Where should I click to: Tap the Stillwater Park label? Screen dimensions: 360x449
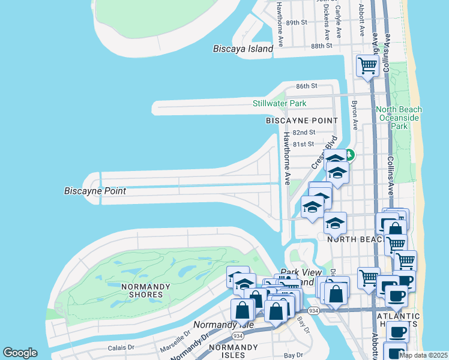[x=279, y=104]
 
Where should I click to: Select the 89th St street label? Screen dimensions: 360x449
[x=297, y=22]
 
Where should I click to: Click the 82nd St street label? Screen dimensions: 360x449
[x=304, y=133]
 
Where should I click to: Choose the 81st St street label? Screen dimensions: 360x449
[x=304, y=144]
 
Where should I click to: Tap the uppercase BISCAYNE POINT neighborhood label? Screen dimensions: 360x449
[x=302, y=121]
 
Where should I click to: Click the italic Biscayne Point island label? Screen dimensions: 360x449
[x=95, y=191]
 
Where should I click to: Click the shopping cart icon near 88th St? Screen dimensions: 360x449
[x=367, y=66]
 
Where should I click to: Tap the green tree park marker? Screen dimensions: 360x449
[x=349, y=155]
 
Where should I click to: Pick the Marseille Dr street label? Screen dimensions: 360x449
[x=175, y=344]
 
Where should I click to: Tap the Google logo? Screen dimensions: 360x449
[x=20, y=353]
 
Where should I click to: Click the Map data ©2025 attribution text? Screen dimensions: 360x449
[x=424, y=355]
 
